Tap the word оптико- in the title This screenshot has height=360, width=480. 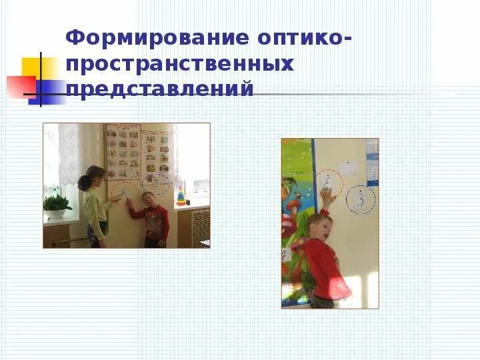coord(303,39)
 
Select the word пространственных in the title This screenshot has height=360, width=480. coord(180,65)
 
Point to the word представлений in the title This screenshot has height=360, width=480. coord(160,89)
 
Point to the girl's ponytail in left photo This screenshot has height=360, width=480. coord(85,182)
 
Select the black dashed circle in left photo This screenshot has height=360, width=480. coord(156,180)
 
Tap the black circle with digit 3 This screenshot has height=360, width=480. coord(361,199)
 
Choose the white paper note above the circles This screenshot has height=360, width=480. coord(347,168)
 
